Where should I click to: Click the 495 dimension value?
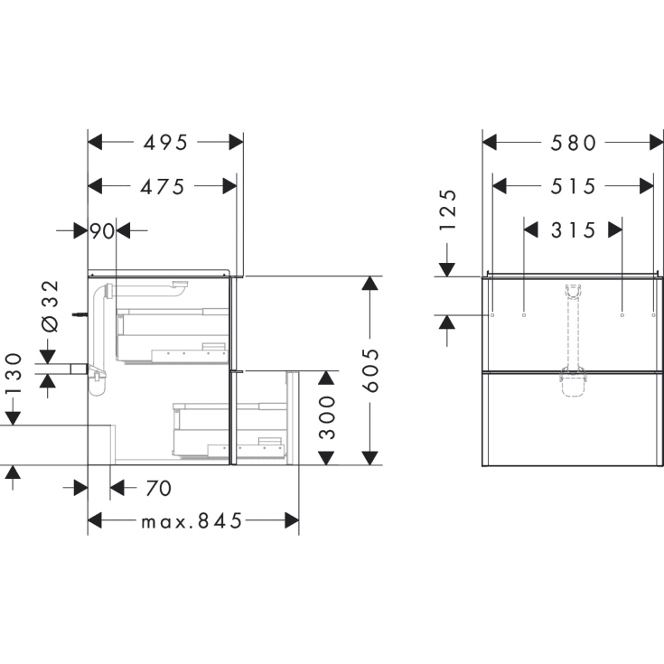pyautogui.click(x=166, y=142)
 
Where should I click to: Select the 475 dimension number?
pyautogui.click(x=163, y=186)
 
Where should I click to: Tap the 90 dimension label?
pyautogui.click(x=102, y=231)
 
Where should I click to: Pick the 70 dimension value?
pyautogui.click(x=158, y=489)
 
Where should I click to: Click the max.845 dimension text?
pyautogui.click(x=192, y=521)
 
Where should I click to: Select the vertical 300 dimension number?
pyautogui.click(x=328, y=416)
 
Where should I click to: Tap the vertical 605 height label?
pyautogui.click(x=369, y=370)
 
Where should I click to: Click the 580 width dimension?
pyautogui.click(x=572, y=142)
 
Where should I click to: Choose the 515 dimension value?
pyautogui.click(x=573, y=186)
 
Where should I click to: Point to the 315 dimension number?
pyautogui.click(x=573, y=230)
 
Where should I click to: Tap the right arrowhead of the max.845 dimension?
pyautogui.click(x=292, y=520)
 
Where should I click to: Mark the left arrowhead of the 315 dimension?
pyautogui.click(x=530, y=230)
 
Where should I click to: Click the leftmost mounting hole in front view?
pyautogui.click(x=491, y=315)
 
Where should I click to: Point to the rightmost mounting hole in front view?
pyautogui.click(x=653, y=315)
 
